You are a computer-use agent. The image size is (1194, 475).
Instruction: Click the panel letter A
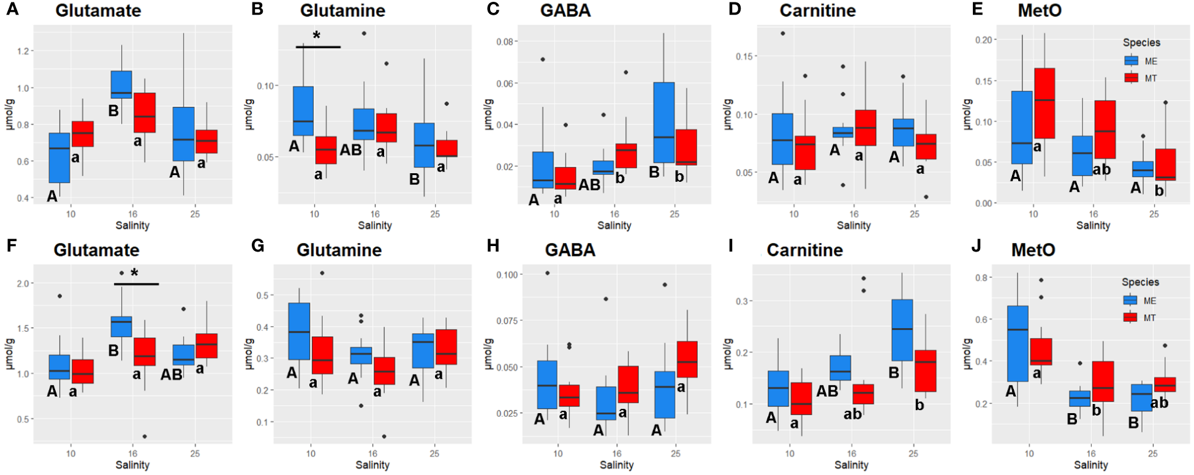[12, 10]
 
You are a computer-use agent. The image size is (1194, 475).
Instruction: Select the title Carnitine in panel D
[817, 10]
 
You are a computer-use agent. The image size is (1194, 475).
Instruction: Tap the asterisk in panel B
[317, 36]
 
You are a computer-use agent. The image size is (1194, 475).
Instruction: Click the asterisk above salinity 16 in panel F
[135, 273]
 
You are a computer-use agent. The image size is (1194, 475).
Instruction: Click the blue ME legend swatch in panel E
[1131, 61]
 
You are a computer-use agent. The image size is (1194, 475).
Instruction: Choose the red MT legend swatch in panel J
[1130, 317]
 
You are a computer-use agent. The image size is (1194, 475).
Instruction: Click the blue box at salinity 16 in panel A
[121, 84]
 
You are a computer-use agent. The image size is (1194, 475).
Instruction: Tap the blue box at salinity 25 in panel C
[664, 122]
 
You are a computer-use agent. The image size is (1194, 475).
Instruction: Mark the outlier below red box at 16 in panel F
[145, 436]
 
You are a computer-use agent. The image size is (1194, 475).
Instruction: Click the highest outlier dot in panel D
[783, 33]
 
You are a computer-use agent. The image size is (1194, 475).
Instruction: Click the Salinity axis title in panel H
[616, 465]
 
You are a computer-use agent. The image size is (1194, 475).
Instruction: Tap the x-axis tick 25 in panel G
[434, 454]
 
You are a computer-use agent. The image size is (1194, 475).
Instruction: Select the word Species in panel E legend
[1141, 43]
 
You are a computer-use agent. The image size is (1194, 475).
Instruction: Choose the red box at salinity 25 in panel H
[687, 359]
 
